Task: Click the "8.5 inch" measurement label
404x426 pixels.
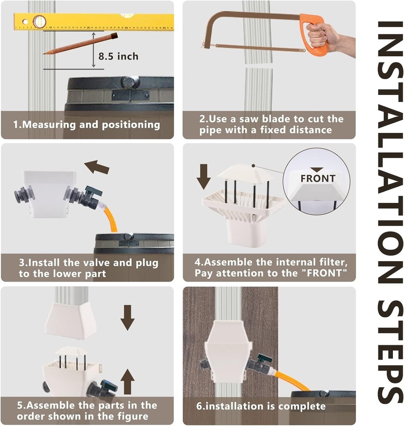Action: [118, 56]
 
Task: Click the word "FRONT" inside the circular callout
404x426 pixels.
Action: [318, 178]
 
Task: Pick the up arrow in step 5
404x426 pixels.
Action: [127, 381]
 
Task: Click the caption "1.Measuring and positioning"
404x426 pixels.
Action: [87, 125]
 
